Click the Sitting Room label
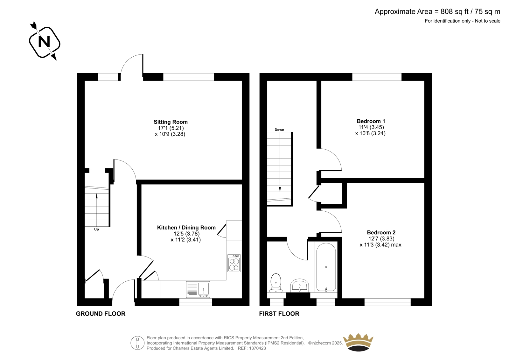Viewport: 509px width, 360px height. point(171,122)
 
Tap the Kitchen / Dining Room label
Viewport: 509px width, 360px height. point(186,227)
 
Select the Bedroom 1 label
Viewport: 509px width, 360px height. point(371,121)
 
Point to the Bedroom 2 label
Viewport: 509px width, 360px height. point(381,232)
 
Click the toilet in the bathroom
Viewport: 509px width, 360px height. point(276,283)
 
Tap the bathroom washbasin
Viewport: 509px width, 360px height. point(299,286)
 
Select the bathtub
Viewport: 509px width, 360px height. point(326,267)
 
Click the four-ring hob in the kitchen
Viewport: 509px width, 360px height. point(234,263)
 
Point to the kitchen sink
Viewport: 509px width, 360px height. point(198,290)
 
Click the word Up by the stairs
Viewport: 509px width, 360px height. point(97,229)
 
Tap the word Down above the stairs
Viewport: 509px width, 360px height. point(279,130)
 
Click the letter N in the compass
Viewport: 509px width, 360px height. point(44,42)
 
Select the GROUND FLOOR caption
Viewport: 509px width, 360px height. point(101,314)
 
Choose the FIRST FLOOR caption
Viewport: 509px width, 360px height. point(279,314)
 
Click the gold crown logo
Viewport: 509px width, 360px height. point(358,342)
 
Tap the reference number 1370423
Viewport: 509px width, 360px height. point(257,348)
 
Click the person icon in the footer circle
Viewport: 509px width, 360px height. point(137,343)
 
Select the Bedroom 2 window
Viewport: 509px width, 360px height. point(387,302)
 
